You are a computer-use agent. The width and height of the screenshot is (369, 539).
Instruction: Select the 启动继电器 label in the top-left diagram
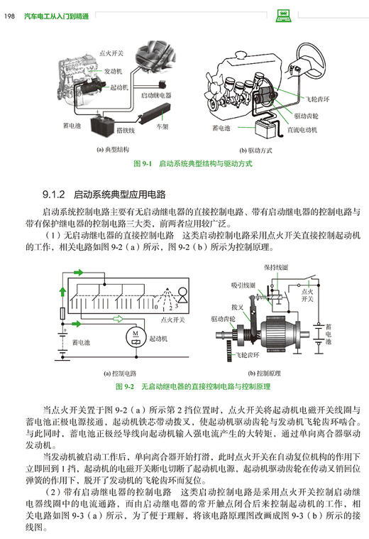click(155, 94)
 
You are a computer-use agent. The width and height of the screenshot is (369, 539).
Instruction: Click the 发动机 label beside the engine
click(116, 72)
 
